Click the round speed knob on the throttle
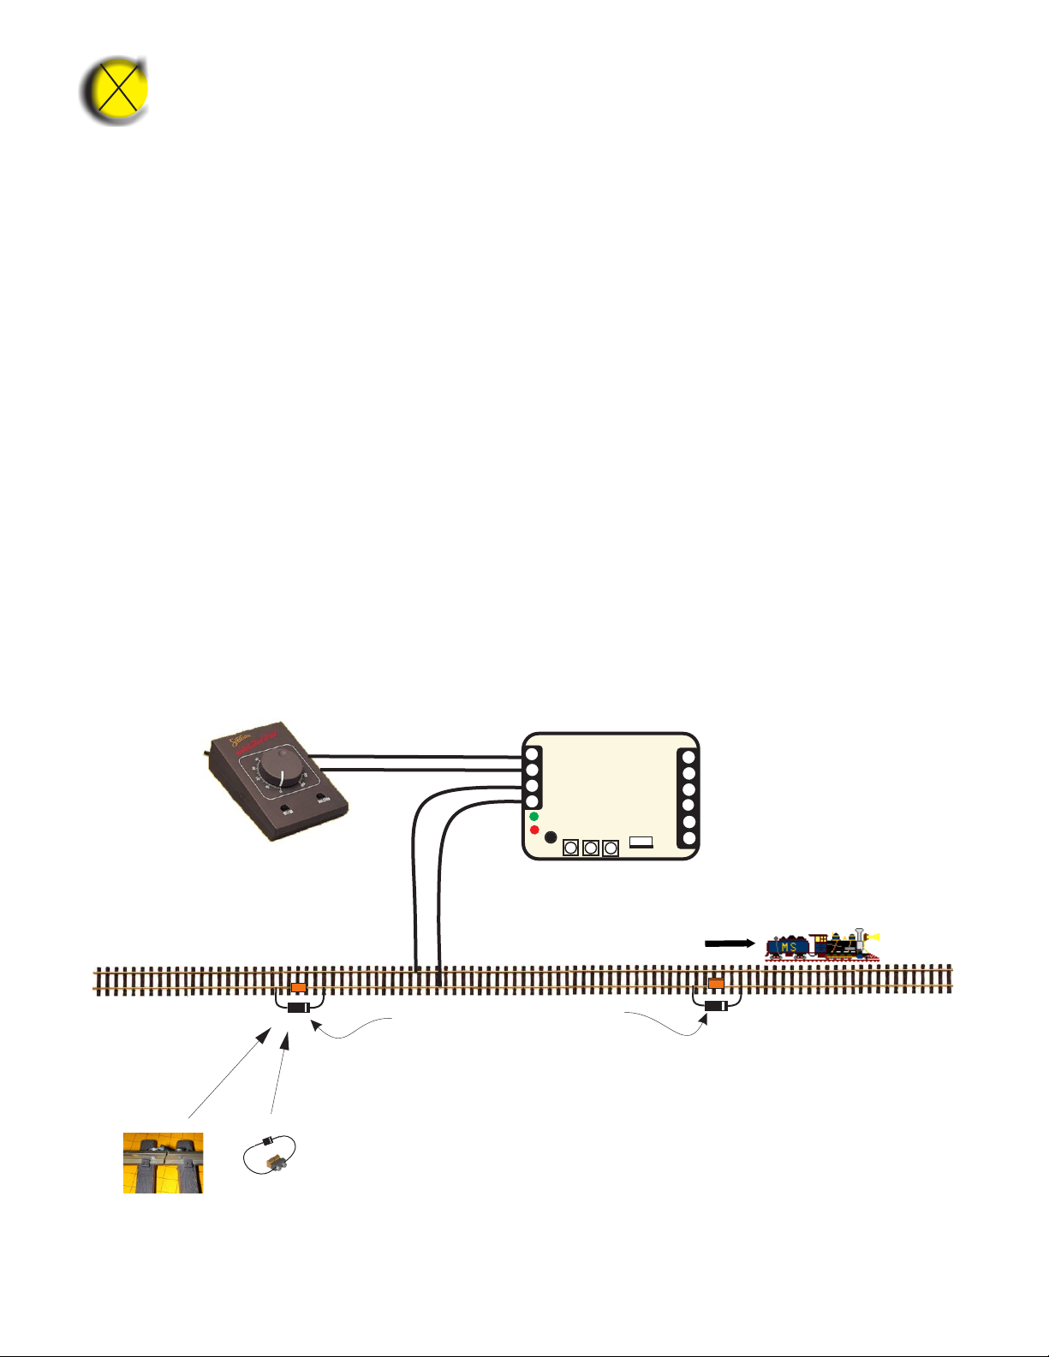tap(281, 770)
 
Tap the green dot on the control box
tap(533, 817)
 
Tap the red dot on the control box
tap(534, 830)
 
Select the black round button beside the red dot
tap(551, 837)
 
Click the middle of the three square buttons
tap(590, 848)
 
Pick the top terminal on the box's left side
tap(532, 755)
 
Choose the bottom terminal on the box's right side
tap(688, 838)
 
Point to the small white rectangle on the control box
tap(641, 842)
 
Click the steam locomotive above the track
tap(822, 944)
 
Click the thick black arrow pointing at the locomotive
tap(729, 943)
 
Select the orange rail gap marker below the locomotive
tap(716, 984)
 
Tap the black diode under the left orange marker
tap(298, 1008)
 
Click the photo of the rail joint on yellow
tap(163, 1163)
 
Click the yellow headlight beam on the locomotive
tap(873, 937)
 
